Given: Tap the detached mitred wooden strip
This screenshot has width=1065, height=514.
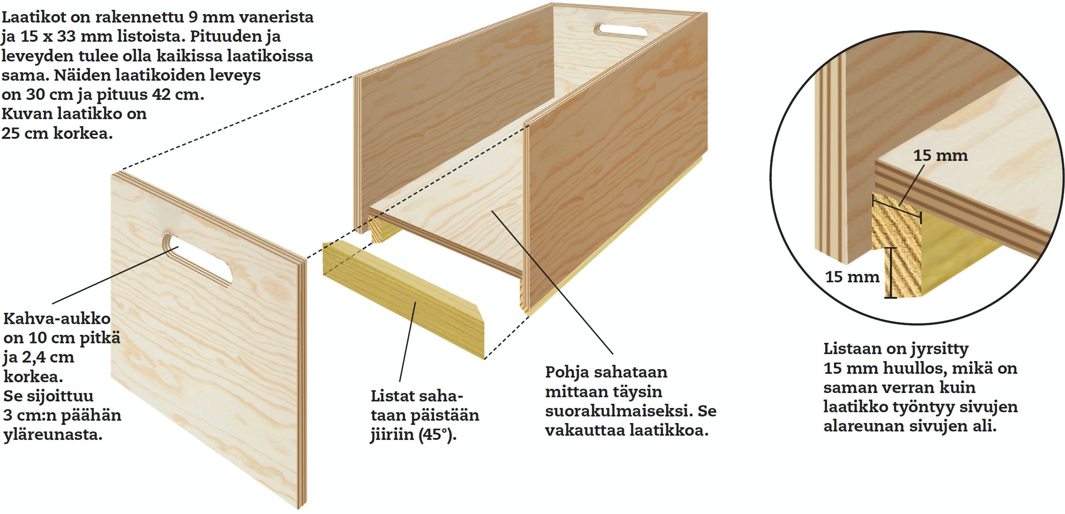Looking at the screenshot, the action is point(403,300).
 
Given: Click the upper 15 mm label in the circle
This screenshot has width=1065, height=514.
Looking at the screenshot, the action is point(940,155).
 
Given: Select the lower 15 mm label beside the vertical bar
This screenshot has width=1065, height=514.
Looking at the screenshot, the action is point(852,277).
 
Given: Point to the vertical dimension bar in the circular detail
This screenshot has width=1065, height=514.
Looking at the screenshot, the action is point(890,273).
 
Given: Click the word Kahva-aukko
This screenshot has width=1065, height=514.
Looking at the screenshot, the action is point(57,318).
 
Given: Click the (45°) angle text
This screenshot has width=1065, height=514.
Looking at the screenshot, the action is point(437,435).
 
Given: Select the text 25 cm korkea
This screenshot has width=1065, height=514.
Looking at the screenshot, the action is point(57,133).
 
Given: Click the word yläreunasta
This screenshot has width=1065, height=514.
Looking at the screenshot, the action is point(53,435).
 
